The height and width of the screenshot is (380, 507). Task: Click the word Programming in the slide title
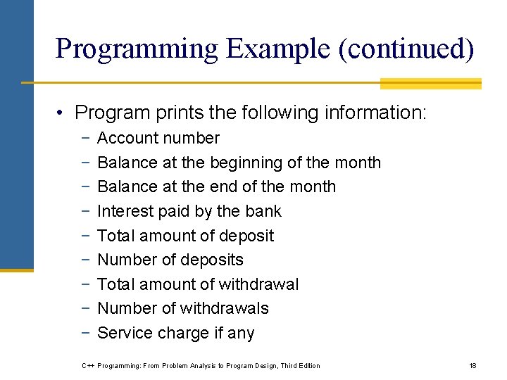pos(137,49)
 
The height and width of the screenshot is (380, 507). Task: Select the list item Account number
pos(158,139)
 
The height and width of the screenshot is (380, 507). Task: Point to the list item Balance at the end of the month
pos(216,187)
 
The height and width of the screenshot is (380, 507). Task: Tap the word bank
pos(263,211)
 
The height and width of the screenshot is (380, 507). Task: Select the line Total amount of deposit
pos(185,236)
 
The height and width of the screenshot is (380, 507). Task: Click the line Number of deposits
pos(170,260)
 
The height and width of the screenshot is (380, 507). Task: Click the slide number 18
pos(472,365)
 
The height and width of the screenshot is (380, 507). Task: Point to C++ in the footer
pos(89,365)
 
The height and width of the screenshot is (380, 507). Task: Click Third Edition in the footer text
pos(300,365)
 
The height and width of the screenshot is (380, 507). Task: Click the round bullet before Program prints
pos(63,113)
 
